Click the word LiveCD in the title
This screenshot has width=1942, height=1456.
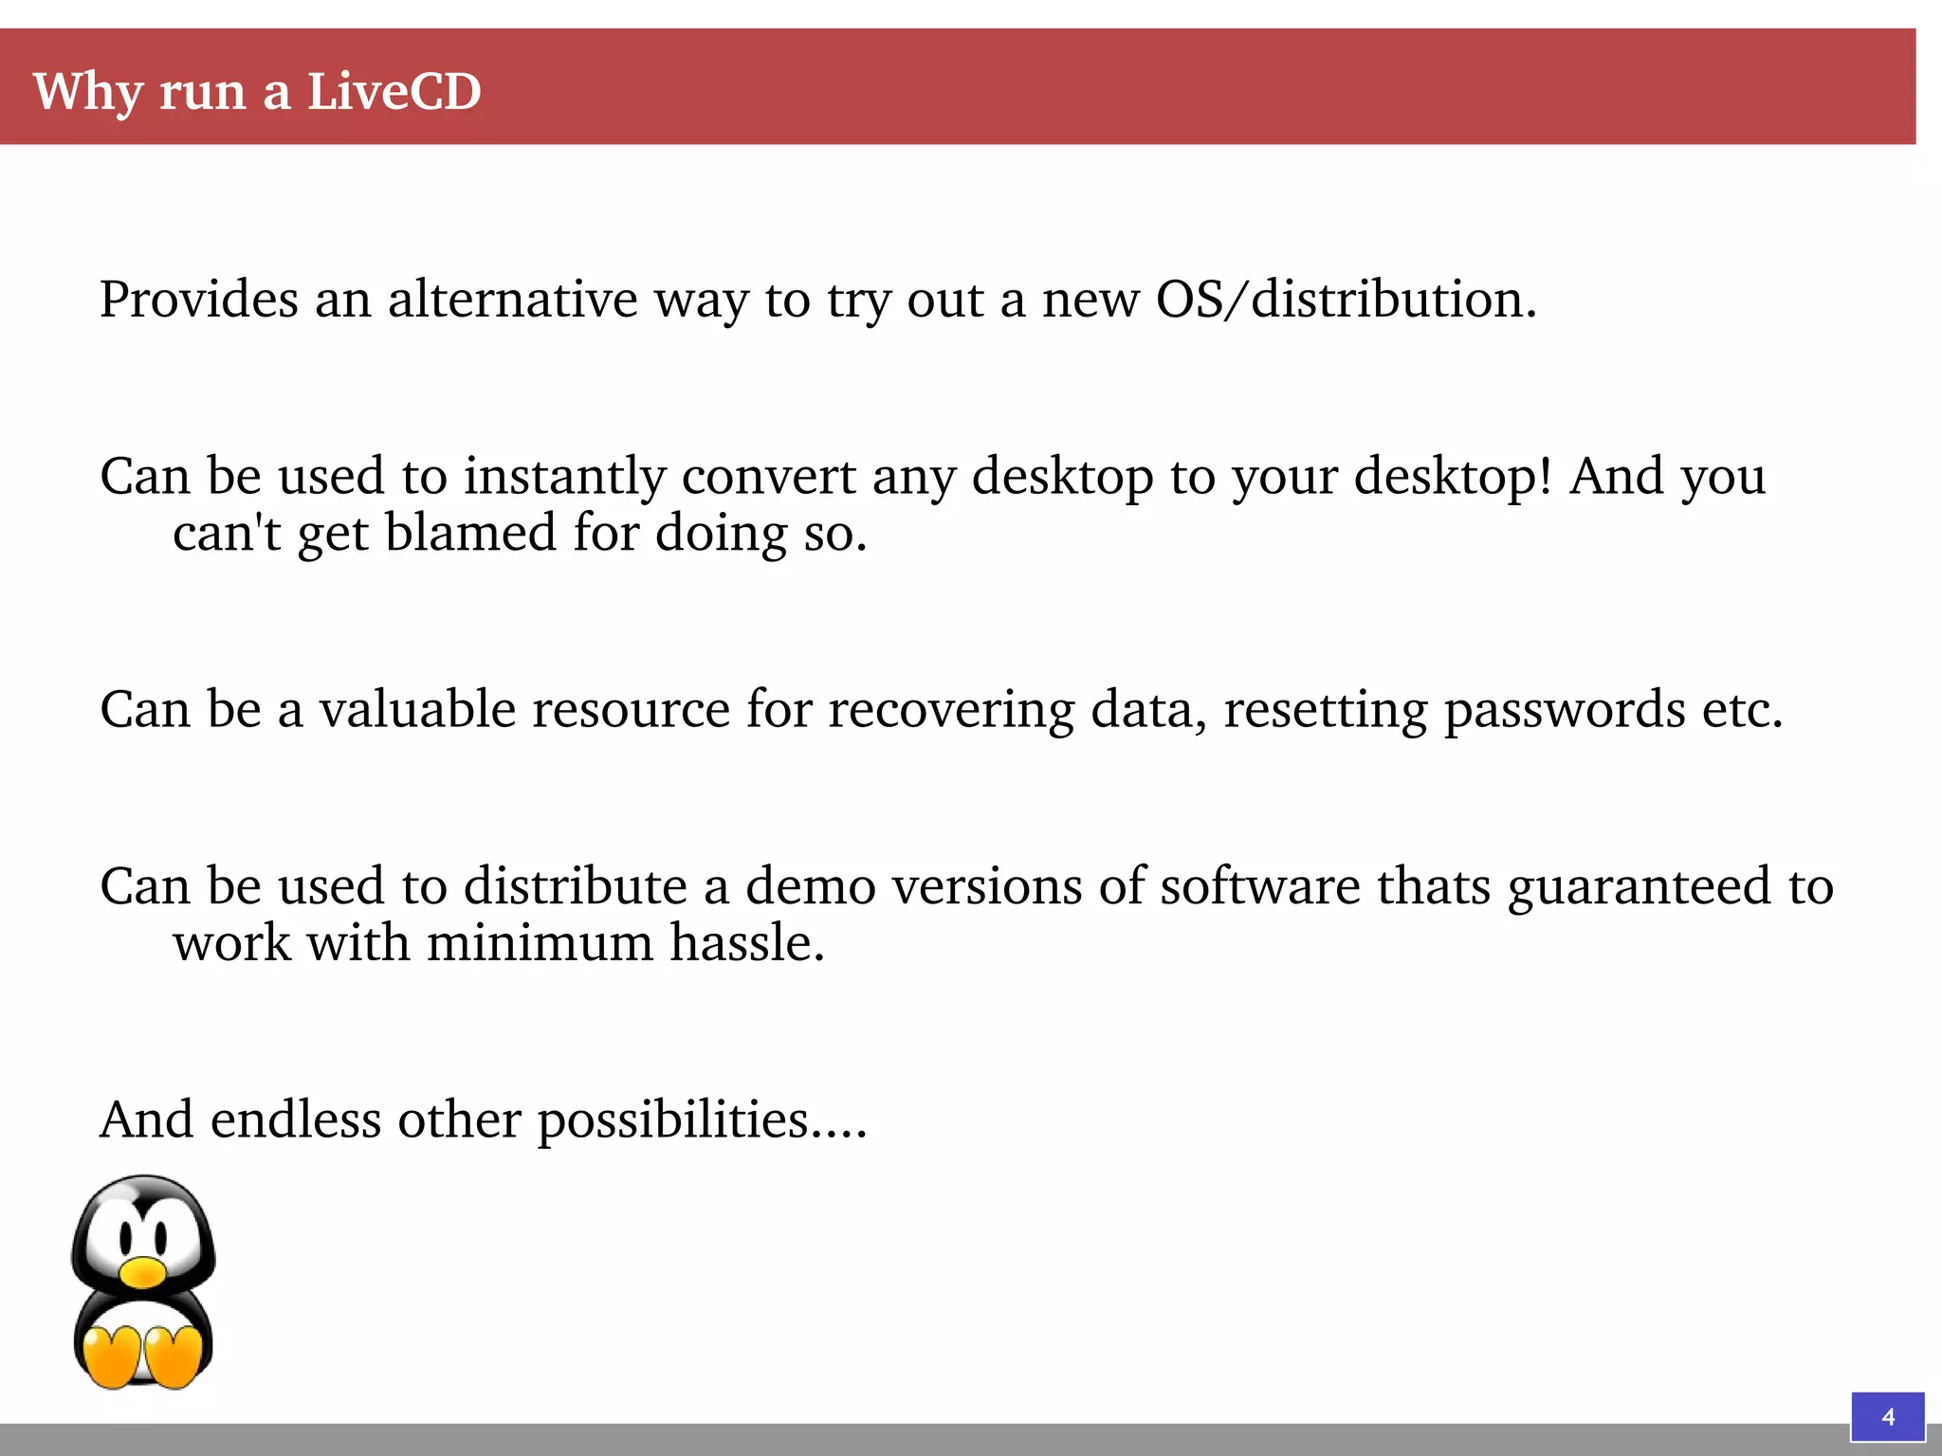tap(394, 92)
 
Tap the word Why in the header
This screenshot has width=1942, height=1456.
tap(88, 92)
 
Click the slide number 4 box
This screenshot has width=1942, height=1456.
tap(1887, 1416)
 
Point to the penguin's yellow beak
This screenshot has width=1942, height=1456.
tap(144, 1272)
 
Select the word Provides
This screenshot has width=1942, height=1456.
tap(199, 300)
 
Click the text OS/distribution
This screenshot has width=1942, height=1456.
tap(1345, 300)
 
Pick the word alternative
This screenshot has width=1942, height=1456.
tap(512, 300)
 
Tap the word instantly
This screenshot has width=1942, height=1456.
tap(564, 476)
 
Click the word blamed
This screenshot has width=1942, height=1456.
tap(470, 533)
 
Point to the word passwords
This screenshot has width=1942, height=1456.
tap(1564, 711)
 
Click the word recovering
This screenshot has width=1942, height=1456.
tap(951, 711)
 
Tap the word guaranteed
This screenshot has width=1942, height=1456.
tap(1640, 887)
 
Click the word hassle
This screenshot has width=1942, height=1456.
tap(746, 943)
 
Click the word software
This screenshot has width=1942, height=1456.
tap(1260, 886)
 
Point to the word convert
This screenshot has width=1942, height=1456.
tap(768, 476)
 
